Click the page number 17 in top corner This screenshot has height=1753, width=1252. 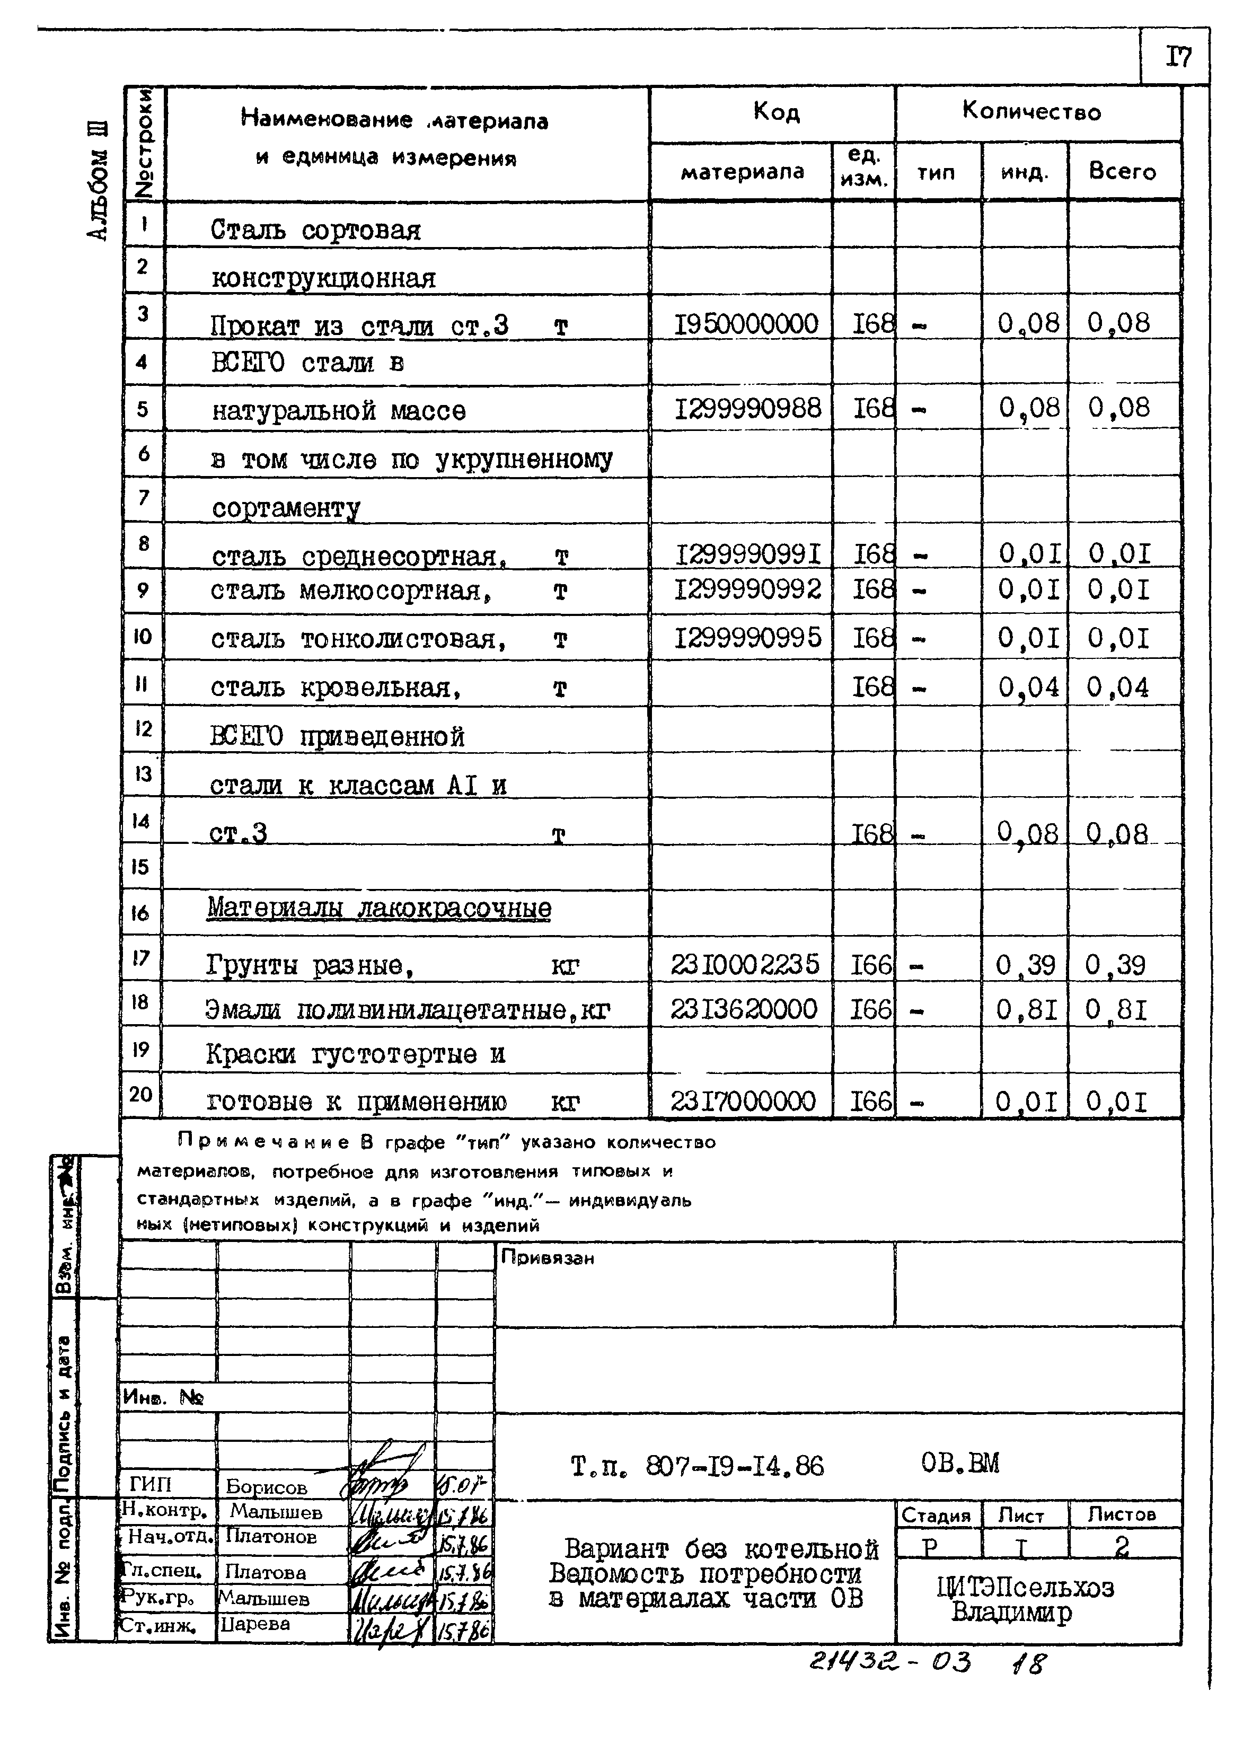pyautogui.click(x=1177, y=56)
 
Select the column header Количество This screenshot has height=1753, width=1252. pyautogui.click(x=1031, y=112)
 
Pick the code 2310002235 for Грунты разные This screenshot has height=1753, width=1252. pyautogui.click(x=745, y=964)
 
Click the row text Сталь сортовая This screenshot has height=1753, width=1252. pyautogui.click(x=315, y=230)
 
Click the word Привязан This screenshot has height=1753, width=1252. pyautogui.click(x=548, y=1257)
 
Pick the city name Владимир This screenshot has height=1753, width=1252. pyautogui.click(x=1011, y=1612)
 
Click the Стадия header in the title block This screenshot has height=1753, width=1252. pyautogui.click(x=936, y=1516)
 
